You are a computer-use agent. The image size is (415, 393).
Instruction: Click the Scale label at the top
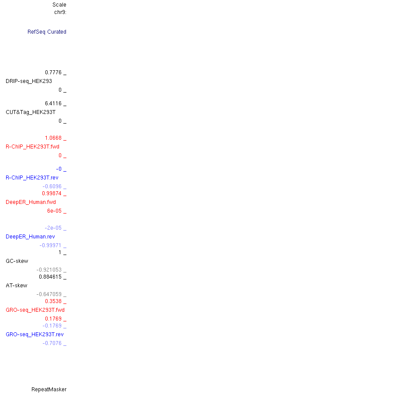[59, 5]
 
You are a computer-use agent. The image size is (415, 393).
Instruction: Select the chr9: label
[60, 12]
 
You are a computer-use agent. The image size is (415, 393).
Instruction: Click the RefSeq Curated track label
[47, 32]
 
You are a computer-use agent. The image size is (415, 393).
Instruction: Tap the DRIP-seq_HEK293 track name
[29, 81]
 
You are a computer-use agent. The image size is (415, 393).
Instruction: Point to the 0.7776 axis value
[53, 72]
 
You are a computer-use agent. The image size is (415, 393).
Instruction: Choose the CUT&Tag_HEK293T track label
[31, 112]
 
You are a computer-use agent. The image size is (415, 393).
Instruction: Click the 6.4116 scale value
[53, 103]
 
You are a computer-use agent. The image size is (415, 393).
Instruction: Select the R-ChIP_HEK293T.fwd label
[32, 147]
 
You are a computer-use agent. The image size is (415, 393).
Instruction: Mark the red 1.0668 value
[53, 138]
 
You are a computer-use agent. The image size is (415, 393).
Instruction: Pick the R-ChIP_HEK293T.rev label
[32, 178]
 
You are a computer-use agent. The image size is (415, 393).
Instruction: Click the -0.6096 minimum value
[52, 186]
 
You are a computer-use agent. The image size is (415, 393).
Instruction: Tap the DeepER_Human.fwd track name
[31, 202]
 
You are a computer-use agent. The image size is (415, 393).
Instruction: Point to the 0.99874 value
[52, 193]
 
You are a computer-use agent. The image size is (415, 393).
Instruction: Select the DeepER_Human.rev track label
[30, 237]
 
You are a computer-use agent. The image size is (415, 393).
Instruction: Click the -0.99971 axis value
[51, 245]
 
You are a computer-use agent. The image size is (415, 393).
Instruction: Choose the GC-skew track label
[17, 261]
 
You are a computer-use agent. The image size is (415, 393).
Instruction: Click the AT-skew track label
[16, 286]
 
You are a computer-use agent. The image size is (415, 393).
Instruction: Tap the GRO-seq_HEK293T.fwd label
[35, 310]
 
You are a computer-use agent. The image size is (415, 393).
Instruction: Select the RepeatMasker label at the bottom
[49, 390]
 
